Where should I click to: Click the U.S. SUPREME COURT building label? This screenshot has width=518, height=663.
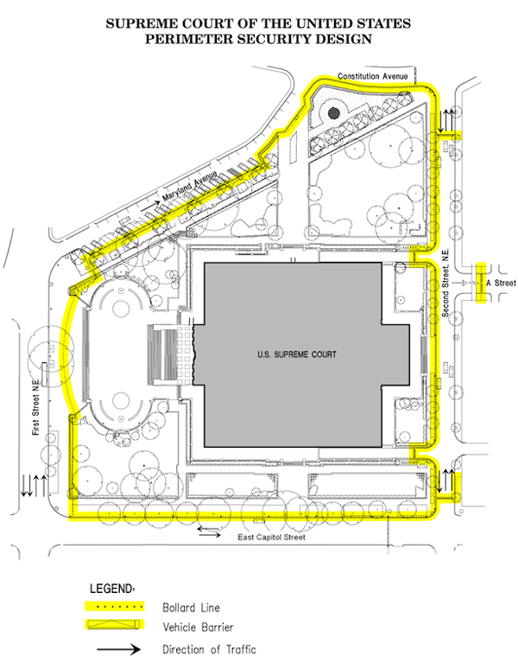coord(297,354)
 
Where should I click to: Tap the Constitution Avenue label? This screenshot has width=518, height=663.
coord(373,76)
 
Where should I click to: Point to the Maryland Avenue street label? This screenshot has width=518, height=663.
coord(190,186)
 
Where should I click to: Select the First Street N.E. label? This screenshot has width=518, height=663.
coord(36,407)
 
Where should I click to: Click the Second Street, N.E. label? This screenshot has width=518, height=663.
coord(445,283)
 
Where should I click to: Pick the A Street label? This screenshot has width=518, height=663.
coord(501,283)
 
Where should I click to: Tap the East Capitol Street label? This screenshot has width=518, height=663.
coord(271,537)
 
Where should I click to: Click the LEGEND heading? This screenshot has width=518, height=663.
coord(112,588)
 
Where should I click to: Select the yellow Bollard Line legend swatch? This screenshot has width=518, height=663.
coord(115,606)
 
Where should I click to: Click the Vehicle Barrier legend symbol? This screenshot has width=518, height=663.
coord(115,624)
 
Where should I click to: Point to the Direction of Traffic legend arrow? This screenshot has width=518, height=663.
coord(118,649)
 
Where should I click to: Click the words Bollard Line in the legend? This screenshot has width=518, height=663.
coord(192,608)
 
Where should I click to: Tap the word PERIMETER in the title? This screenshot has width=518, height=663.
coord(189,39)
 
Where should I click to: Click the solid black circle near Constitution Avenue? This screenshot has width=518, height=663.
coord(333,112)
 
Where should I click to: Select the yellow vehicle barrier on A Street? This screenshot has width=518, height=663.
coord(481,283)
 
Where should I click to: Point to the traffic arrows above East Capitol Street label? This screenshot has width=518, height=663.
coord(209,532)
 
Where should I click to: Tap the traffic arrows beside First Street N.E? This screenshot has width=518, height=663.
coord(35,486)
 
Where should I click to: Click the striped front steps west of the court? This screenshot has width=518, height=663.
coord(161,354)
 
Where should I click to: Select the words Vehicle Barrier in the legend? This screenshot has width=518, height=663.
coord(198,627)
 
